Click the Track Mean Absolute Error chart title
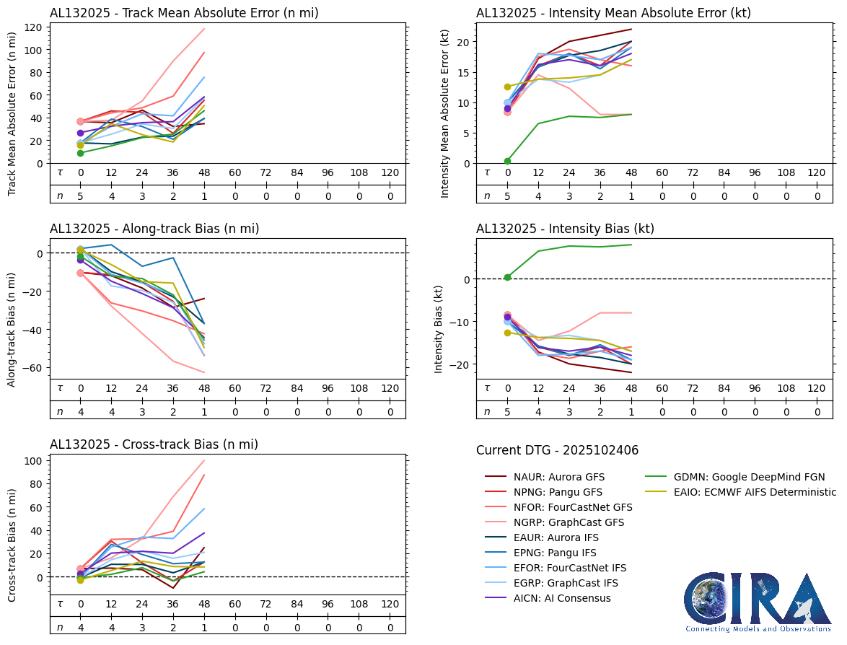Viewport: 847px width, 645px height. coord(184,13)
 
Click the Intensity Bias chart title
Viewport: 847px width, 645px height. coord(565,229)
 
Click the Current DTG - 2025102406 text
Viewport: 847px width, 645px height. coord(557,451)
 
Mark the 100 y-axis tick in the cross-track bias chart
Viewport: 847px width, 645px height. coord(32,460)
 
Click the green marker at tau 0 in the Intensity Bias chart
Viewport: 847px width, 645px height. coord(507,277)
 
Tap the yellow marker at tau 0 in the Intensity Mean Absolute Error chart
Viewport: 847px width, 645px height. coord(507,87)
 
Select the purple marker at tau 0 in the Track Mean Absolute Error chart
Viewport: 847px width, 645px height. coord(81,133)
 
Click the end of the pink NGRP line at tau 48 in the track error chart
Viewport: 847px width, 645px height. coord(205,29)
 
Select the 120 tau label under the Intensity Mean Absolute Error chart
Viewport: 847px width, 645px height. coord(816,172)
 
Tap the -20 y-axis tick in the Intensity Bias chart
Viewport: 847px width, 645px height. coord(460,364)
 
